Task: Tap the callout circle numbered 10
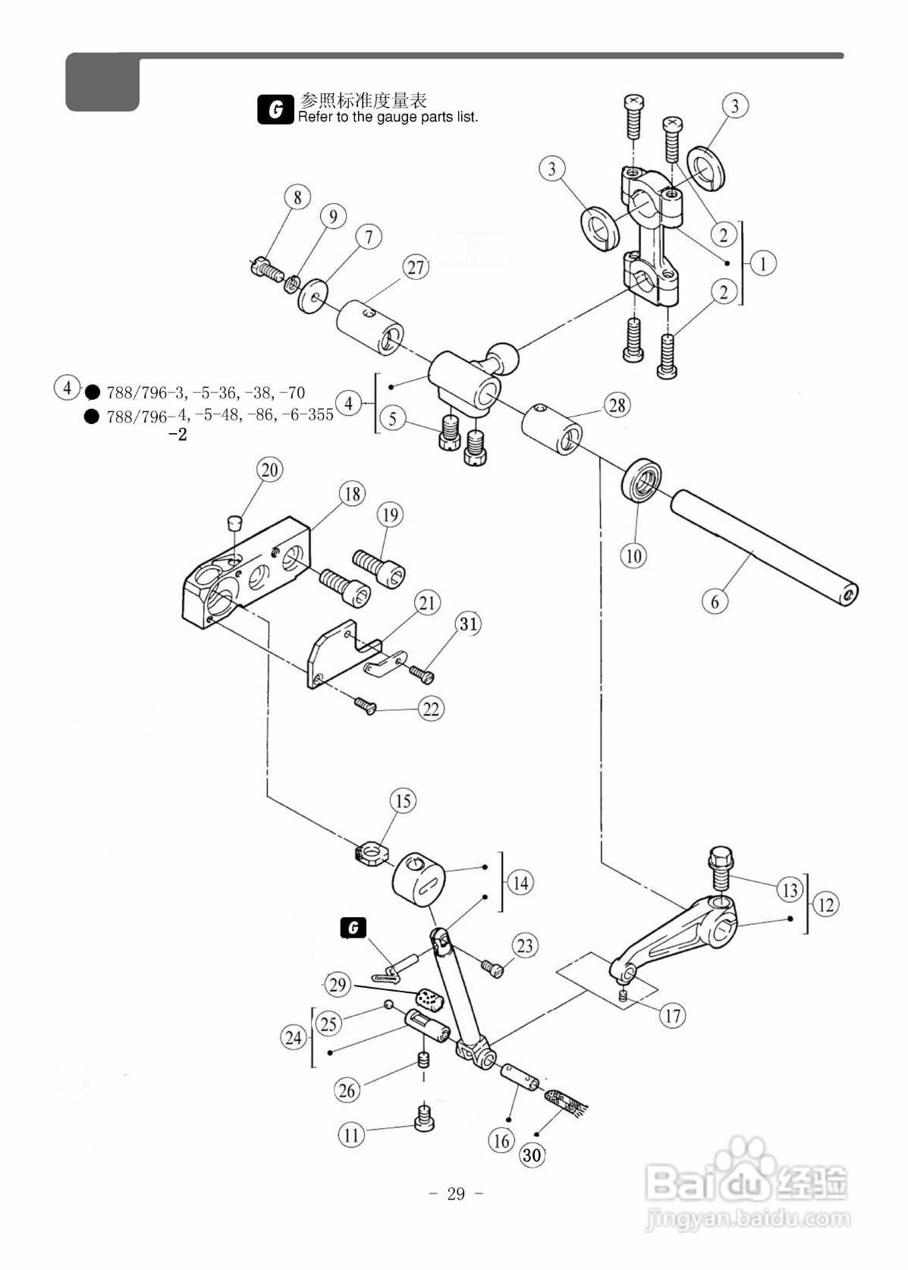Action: point(633,555)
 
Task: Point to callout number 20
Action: point(270,470)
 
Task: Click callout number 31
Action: point(468,624)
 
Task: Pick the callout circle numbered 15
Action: point(403,801)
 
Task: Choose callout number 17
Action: point(672,1015)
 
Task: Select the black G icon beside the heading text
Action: point(275,108)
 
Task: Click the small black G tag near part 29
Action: point(353,928)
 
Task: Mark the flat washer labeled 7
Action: point(313,295)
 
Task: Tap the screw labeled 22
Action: point(365,706)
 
